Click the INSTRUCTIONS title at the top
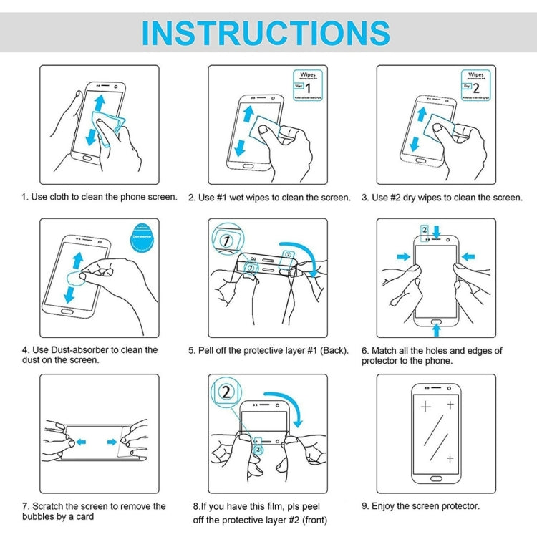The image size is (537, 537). pos(266,33)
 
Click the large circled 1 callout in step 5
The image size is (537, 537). pos(225,241)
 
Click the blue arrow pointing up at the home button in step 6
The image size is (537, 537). pos(436,329)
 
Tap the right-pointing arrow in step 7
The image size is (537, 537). pos(112,440)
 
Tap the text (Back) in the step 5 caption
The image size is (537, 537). pos(334,350)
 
